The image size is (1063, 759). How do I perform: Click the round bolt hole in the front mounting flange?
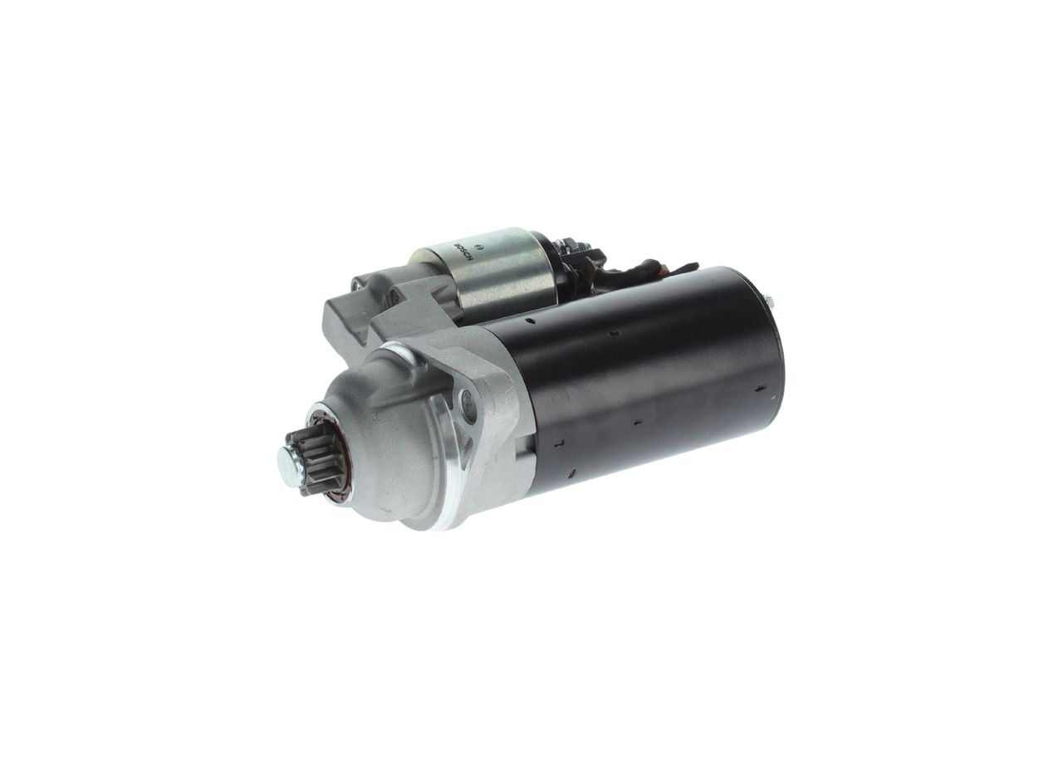tap(468, 405)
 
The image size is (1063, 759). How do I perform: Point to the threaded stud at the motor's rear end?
tap(769, 302)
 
